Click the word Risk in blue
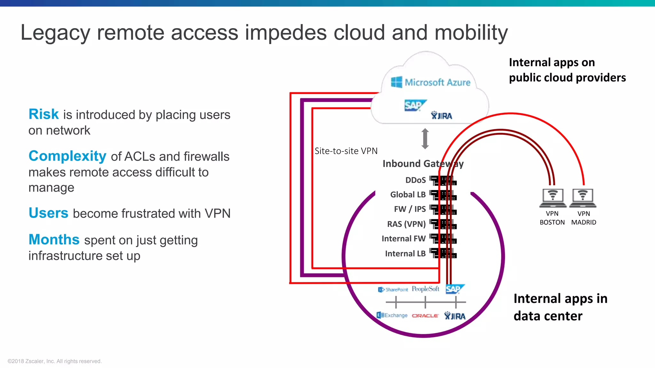point(43,114)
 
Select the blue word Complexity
point(67,156)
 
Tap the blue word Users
point(48,213)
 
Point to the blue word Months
point(54,240)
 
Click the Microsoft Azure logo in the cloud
point(430,82)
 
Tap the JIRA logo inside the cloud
point(441,116)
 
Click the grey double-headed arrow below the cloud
point(425,139)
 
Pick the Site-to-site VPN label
point(346,151)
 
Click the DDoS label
point(415,180)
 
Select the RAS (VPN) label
point(406,224)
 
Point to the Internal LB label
point(405,254)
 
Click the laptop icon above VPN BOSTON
point(552,198)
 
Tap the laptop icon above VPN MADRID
point(583,198)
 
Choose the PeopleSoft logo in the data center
point(425,289)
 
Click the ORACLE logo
point(425,316)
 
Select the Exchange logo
point(392,315)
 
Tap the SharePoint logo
point(393,289)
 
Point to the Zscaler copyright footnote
point(54,361)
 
